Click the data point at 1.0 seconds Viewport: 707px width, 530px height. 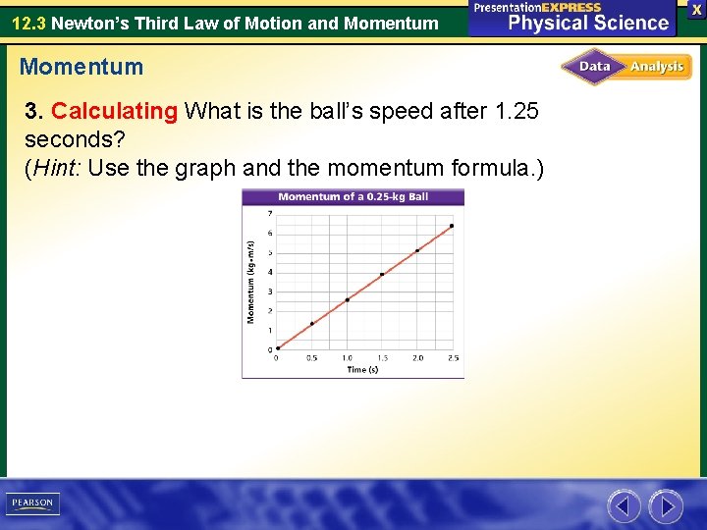tap(347, 299)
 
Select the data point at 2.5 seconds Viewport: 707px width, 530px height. tap(452, 226)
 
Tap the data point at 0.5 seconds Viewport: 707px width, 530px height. tap(312, 323)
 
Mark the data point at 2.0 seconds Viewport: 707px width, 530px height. tap(417, 250)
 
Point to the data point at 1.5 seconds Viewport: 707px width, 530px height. tap(382, 274)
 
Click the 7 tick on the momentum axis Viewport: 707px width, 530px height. tap(270, 213)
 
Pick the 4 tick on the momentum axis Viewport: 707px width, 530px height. tap(270, 272)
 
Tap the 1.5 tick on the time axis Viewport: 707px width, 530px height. tap(382, 358)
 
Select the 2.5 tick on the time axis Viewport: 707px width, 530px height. tap(453, 358)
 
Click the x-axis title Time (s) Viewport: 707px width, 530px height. tap(362, 370)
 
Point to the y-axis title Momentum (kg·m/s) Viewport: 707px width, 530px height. tap(251, 282)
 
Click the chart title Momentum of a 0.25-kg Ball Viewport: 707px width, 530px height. tap(353, 196)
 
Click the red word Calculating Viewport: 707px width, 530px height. tap(115, 111)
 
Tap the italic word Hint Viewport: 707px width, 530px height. tap(57, 168)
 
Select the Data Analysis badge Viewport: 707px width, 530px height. tap(626, 67)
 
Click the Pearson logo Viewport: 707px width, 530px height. tap(32, 503)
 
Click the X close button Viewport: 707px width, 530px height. tap(696, 9)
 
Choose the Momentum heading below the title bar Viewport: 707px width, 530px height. tap(81, 68)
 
